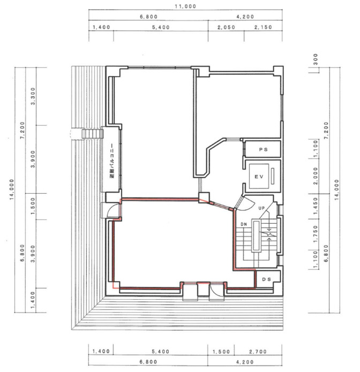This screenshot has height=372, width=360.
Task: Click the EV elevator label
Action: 259,177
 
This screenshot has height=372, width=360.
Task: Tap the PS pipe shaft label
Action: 263,149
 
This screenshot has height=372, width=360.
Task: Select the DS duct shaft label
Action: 266,279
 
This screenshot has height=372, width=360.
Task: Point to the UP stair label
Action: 261,208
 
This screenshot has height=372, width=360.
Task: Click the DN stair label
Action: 244,224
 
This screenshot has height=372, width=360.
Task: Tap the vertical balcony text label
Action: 112,161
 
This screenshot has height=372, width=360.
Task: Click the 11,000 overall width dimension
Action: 185,6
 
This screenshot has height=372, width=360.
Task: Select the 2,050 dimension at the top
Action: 226,27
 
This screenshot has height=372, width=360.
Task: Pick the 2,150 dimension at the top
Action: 263,27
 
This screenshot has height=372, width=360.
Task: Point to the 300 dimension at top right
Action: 316,59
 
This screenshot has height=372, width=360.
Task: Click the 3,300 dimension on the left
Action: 33,96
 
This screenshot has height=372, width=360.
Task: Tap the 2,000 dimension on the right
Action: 316,176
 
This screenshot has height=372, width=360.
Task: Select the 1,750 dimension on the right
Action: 316,234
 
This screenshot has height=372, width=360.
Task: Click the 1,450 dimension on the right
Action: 316,206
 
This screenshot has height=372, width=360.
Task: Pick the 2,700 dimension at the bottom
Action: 258,352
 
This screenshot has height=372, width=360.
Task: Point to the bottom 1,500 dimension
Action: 221,352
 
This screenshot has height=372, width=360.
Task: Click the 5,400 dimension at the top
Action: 161,27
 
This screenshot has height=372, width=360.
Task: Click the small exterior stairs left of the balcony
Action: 93,134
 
